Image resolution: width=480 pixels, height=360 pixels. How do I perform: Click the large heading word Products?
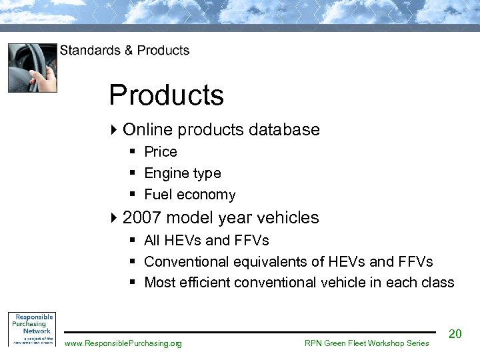(167, 95)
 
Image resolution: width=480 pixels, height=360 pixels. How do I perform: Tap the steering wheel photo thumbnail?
(32, 67)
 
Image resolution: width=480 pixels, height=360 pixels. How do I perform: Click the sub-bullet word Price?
(161, 152)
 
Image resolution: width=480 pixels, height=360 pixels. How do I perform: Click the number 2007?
(143, 218)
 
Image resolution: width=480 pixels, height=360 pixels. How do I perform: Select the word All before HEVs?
(153, 240)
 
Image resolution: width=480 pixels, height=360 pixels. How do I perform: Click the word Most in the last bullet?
(159, 283)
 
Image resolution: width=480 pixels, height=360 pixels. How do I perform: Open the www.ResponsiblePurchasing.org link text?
(123, 343)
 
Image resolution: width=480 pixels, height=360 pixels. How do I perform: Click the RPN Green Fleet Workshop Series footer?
(367, 343)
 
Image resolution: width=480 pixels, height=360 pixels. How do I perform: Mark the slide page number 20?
(455, 334)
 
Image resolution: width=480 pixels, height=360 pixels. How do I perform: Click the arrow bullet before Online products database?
(115, 129)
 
